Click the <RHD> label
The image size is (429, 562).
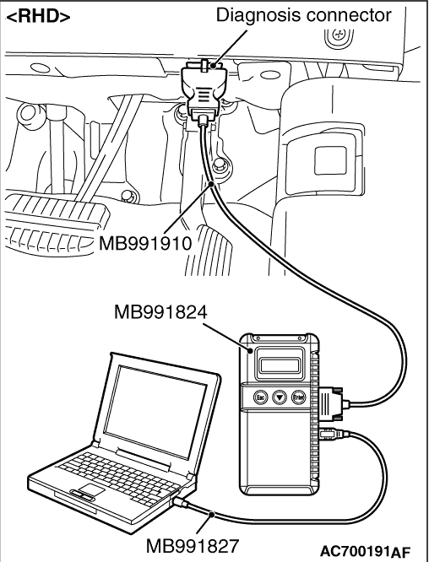[38, 16]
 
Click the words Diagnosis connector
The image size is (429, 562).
[303, 15]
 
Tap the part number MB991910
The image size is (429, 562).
[145, 244]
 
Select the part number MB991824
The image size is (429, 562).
[160, 312]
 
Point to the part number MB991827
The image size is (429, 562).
[192, 546]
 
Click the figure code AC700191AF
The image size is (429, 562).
[365, 551]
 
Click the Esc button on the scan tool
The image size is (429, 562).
[261, 397]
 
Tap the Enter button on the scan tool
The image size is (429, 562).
[298, 397]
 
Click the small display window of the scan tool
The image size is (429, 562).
[279, 365]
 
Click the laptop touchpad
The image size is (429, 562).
[91, 489]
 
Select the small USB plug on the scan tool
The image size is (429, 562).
[333, 434]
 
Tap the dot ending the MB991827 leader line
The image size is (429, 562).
[212, 515]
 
